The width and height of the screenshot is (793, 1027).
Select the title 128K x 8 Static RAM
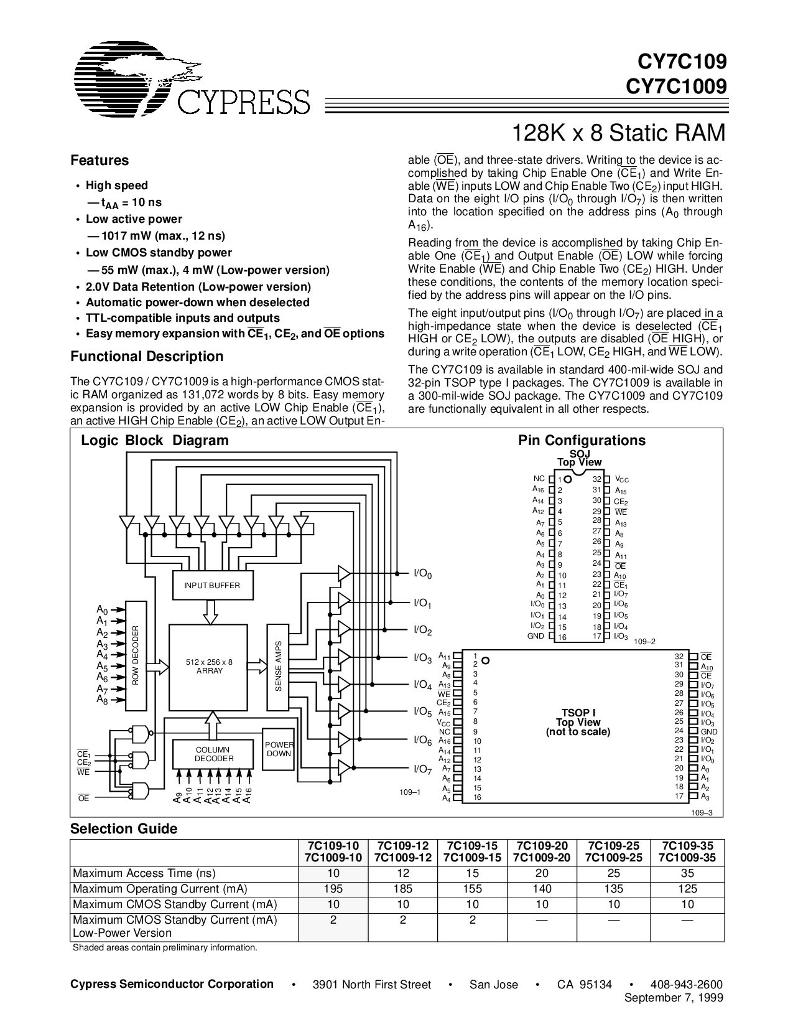tap(618, 133)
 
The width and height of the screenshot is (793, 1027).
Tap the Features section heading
tap(100, 161)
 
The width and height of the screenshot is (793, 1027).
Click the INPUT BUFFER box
tap(211, 586)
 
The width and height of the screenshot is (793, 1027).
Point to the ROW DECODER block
tap(135, 655)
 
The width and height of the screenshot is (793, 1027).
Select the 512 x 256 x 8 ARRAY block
tap(210, 666)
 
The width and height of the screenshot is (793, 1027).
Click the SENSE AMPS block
tap(278, 666)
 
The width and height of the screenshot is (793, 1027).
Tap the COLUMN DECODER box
tap(213, 754)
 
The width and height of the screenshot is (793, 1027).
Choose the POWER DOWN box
tap(278, 749)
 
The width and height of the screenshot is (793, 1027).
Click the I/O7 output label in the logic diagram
tap(422, 769)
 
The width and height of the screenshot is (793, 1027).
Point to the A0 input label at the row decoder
tap(102, 609)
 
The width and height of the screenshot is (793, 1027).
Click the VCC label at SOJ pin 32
tap(621, 479)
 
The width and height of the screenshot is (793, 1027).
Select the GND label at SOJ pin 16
tap(536, 636)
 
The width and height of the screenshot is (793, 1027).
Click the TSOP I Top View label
tap(578, 722)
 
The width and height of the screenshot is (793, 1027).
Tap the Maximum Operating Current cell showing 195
tap(333, 889)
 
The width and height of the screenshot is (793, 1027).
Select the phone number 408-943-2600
tap(686, 984)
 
